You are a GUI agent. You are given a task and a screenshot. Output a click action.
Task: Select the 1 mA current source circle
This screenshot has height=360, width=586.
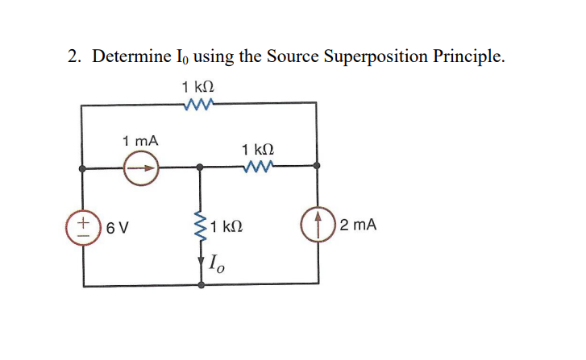point(143,169)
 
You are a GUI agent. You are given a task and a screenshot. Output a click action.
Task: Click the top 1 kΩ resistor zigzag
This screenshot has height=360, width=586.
point(198,103)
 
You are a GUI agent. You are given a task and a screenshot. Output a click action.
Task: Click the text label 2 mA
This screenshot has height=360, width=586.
point(358,226)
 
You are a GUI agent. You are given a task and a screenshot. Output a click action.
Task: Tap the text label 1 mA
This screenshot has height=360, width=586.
point(140,140)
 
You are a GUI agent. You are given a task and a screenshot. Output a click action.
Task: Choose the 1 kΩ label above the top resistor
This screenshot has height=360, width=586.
point(198,85)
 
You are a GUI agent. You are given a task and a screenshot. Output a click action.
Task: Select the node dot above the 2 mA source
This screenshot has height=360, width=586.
point(317,167)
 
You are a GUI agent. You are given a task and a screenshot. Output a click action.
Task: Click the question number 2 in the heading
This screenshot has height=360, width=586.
point(73,56)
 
